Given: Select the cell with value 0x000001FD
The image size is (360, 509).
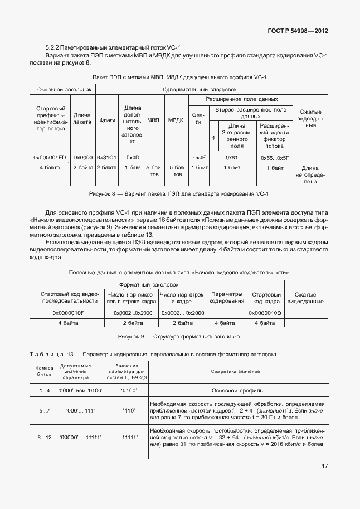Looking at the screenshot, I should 50,157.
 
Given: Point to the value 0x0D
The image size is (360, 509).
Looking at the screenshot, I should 132,157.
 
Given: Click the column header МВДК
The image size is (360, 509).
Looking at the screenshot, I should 176,120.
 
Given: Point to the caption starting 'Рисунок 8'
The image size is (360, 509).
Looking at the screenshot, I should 179,193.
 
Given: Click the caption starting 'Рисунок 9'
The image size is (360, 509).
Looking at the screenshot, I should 179,337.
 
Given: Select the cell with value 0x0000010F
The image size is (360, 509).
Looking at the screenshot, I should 68,313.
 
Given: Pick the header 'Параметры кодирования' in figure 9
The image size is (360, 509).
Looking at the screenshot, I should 226,297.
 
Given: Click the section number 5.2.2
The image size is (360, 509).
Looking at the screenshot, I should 53,48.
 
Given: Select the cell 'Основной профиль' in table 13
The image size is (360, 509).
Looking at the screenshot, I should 237,391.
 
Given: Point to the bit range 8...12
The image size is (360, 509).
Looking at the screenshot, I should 45,438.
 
